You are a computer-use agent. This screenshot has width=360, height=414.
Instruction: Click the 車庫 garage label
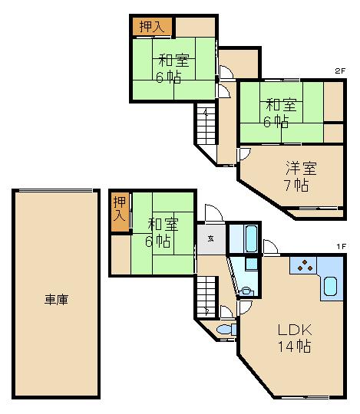click(55, 300)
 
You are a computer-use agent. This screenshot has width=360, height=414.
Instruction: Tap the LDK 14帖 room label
click(293, 337)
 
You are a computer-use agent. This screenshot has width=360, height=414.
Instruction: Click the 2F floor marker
click(339, 71)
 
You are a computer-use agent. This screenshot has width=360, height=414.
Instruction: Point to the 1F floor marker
click(341, 245)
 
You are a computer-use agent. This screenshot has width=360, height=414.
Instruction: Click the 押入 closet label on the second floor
click(150, 26)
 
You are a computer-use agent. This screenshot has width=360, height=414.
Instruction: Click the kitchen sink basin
click(330, 287)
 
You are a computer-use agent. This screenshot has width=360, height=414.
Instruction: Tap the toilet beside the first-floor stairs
click(224, 330)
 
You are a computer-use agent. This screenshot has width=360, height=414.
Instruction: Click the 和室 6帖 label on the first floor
click(162, 232)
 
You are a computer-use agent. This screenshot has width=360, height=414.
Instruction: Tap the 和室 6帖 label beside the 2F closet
click(173, 67)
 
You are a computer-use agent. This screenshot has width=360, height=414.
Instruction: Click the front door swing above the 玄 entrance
click(214, 215)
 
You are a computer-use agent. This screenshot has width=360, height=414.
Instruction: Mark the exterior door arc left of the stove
click(271, 247)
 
